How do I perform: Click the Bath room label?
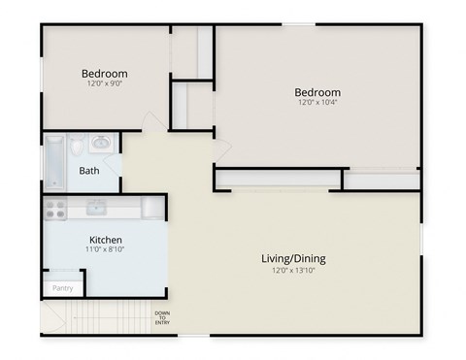[x=89, y=172]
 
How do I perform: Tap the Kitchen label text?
[x=105, y=240]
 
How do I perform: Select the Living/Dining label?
[x=293, y=259]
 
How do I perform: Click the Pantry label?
[x=62, y=288]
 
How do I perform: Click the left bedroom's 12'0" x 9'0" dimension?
[x=105, y=84]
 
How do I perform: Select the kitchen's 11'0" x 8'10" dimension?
[x=105, y=250]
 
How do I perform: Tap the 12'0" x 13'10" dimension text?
[x=293, y=271]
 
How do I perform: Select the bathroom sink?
[x=101, y=144]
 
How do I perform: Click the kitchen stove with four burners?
[x=53, y=208]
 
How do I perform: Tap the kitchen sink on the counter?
[x=96, y=207]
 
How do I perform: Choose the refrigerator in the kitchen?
[x=152, y=208]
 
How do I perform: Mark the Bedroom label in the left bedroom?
[x=105, y=74]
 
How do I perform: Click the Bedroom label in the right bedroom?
[x=318, y=93]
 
